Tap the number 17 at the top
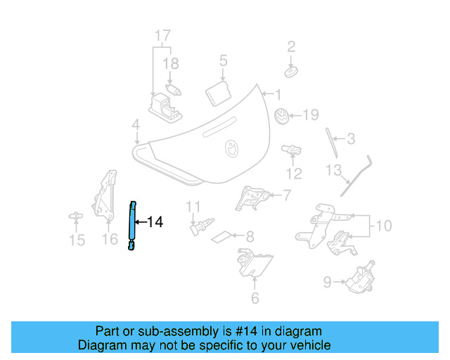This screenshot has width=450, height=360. pos(162,35)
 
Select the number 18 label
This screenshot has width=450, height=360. pos(171,64)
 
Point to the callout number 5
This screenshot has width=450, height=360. pos(223,60)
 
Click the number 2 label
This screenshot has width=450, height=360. pos(291,47)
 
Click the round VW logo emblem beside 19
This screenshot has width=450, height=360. pos(281,117)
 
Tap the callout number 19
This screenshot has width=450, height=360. pos(310,115)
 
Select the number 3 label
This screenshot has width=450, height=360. pos(351,139)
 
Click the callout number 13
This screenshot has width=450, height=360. pos(333,170)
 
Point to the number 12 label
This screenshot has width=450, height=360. pos(294,174)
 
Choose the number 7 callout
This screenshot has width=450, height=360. pos(286,195)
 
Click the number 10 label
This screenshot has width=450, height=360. pos(383,226)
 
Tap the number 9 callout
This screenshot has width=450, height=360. pos(327,283)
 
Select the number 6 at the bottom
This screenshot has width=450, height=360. pos(255,298)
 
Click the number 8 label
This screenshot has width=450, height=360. pos(250,237)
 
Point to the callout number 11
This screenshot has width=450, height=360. pos(193,206)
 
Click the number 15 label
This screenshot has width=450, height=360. pos(77,240)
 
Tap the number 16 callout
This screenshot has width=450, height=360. pos(110,240)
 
